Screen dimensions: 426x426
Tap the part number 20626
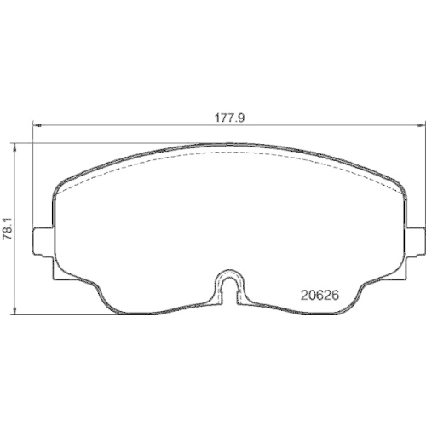[322, 296]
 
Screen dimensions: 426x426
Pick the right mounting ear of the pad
[415, 241]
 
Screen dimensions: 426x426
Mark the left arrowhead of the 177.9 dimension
[36, 127]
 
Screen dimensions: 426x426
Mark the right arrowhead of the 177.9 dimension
[419, 127]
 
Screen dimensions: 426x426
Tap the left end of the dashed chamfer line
[66, 188]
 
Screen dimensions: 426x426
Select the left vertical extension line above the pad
[32, 170]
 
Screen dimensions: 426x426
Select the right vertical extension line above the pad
[423, 170]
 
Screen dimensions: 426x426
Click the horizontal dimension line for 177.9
[128, 127]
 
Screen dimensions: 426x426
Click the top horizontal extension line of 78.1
[102, 142]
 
